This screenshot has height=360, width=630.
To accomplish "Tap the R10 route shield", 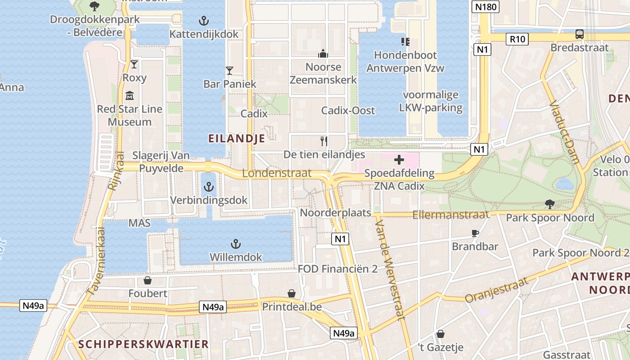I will pos(517,39).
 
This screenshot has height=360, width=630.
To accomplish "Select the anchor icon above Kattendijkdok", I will pos(204,21).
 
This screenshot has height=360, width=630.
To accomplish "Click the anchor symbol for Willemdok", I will pos(235,244).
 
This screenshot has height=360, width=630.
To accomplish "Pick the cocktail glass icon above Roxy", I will pos(134,64).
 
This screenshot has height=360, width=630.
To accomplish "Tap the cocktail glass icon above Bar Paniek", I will pos(229,71).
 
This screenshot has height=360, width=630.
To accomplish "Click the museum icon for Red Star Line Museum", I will pos(130,95).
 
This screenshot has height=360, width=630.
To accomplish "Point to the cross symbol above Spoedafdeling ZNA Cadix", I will pos(399,160).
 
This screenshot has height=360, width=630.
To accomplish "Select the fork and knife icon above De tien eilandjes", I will pos(324,141).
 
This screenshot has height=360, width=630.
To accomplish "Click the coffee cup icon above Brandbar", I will pos(475,233).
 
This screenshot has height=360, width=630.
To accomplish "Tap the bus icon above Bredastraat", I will pos(580,34).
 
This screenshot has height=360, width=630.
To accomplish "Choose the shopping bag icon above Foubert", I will pos(147,281).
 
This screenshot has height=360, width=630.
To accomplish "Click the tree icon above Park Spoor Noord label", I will pos(549,204).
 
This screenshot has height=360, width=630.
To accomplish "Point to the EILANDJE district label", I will pos(237,139).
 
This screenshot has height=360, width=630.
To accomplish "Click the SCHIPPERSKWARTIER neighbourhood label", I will pos(144,344).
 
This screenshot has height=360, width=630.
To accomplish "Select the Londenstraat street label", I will pos(277,173).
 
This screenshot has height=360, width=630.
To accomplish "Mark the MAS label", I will pos(139,223).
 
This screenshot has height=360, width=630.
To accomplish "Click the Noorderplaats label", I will pos(336,213).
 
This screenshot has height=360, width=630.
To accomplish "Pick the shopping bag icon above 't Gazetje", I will pos(441,334).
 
